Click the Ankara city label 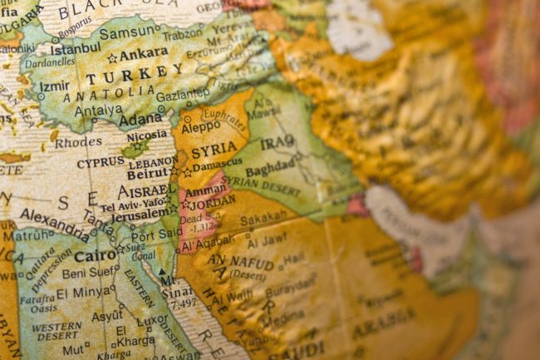click(x=144, y=55)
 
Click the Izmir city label click(x=55, y=86)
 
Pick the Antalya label click(x=99, y=109)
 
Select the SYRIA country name click(x=209, y=152)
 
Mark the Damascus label click(x=218, y=167)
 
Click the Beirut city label click(x=149, y=175)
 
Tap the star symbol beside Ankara click(x=113, y=58)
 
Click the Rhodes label click(x=78, y=142)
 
